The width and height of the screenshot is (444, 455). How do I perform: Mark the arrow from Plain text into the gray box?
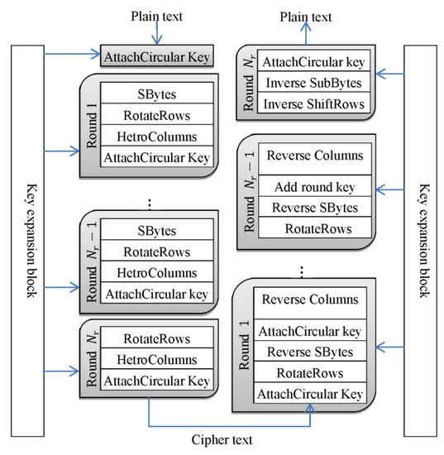(x=155, y=36)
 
